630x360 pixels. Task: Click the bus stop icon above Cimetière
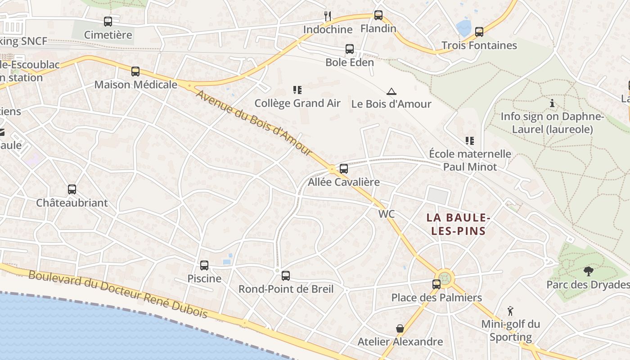[x=108, y=21]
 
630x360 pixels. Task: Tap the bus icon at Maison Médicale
[x=135, y=71]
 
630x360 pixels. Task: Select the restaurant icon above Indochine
[x=328, y=16]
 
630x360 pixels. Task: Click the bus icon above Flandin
[x=378, y=15]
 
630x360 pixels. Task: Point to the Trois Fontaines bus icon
[x=479, y=32]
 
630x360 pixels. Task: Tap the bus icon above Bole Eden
[x=350, y=49]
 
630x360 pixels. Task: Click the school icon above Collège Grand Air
[x=297, y=90]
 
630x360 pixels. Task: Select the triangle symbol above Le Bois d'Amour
[x=391, y=91]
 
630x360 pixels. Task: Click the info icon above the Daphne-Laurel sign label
[x=552, y=103]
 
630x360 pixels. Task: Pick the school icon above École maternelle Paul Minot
[x=470, y=141]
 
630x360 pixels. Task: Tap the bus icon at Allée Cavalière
[x=344, y=169]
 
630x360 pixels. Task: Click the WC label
[x=387, y=214]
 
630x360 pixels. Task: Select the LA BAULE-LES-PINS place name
[x=458, y=224]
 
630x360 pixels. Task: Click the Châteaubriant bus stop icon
[x=72, y=189]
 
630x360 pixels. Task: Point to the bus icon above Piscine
[x=204, y=265]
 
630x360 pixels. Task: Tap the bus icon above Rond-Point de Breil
[x=286, y=276]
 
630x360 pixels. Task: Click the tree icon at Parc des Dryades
[x=588, y=271]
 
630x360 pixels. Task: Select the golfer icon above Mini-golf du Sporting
[x=510, y=311]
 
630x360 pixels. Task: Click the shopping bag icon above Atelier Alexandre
[x=400, y=328]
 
